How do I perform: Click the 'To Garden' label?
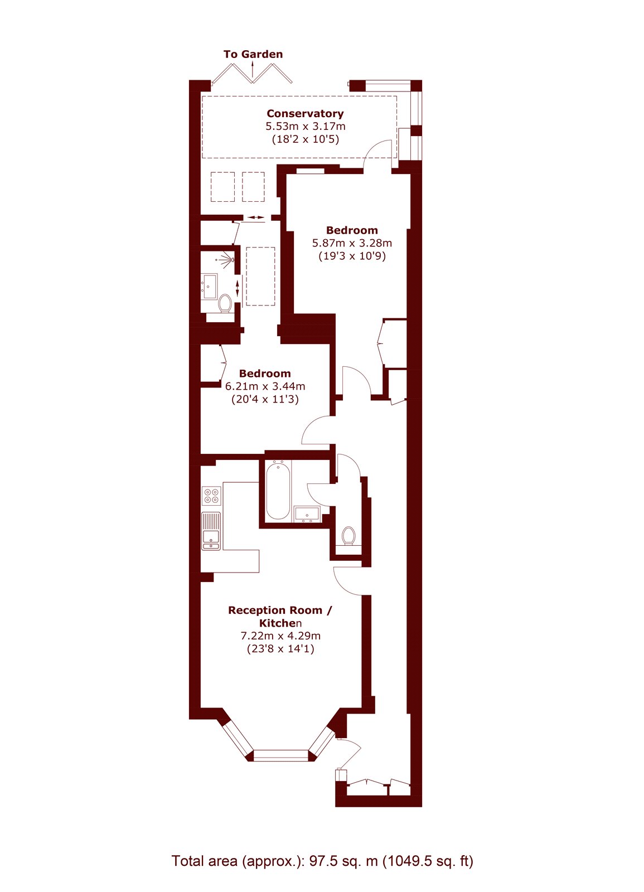click(253, 54)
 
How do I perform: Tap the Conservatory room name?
click(305, 114)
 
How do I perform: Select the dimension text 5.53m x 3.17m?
click(305, 127)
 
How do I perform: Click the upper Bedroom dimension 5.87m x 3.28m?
click(352, 243)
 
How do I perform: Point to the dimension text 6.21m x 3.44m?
click(265, 386)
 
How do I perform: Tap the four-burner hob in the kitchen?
click(212, 496)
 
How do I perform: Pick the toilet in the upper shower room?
click(225, 303)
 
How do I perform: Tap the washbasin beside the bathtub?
click(307, 513)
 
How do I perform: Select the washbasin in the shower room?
click(210, 287)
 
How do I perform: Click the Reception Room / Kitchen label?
click(280, 617)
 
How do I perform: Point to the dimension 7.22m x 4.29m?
click(280, 636)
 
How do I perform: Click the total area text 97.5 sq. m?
click(322, 861)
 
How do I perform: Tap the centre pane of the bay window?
click(281, 756)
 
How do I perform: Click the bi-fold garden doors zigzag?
click(252, 74)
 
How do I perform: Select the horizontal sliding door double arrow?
click(256, 217)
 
